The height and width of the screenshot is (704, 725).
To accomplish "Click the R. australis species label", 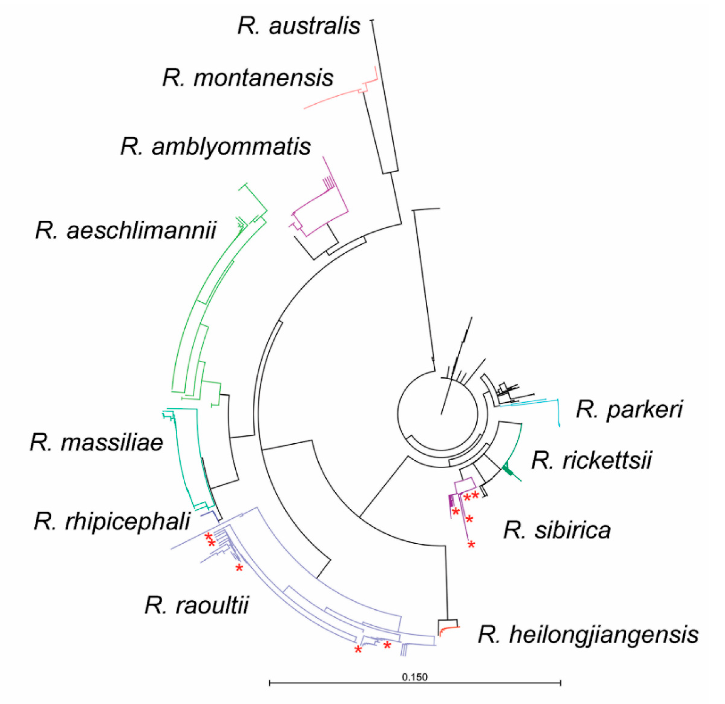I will coord(299,26).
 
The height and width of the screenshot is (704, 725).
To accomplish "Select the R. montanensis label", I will coord(248,78).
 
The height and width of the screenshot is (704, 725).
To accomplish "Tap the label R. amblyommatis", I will coord(215,147).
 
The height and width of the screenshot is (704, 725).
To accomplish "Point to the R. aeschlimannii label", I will coord(126,231).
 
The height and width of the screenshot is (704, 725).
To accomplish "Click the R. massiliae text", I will coord(97,443).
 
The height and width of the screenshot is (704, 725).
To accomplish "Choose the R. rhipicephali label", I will coord(112,522).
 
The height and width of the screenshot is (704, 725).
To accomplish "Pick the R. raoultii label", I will coord(196,605).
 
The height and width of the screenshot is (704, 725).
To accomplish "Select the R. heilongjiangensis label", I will coord(588,635).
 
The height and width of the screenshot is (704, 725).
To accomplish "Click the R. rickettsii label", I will coord(591,460).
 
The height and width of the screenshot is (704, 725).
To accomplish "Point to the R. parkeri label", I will coord(629,409).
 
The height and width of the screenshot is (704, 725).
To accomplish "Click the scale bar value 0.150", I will coord(414,677).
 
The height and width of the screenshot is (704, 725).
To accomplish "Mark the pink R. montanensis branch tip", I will coord(305,108).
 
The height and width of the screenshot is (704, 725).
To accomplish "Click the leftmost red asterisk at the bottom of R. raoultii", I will coord(358,650).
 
